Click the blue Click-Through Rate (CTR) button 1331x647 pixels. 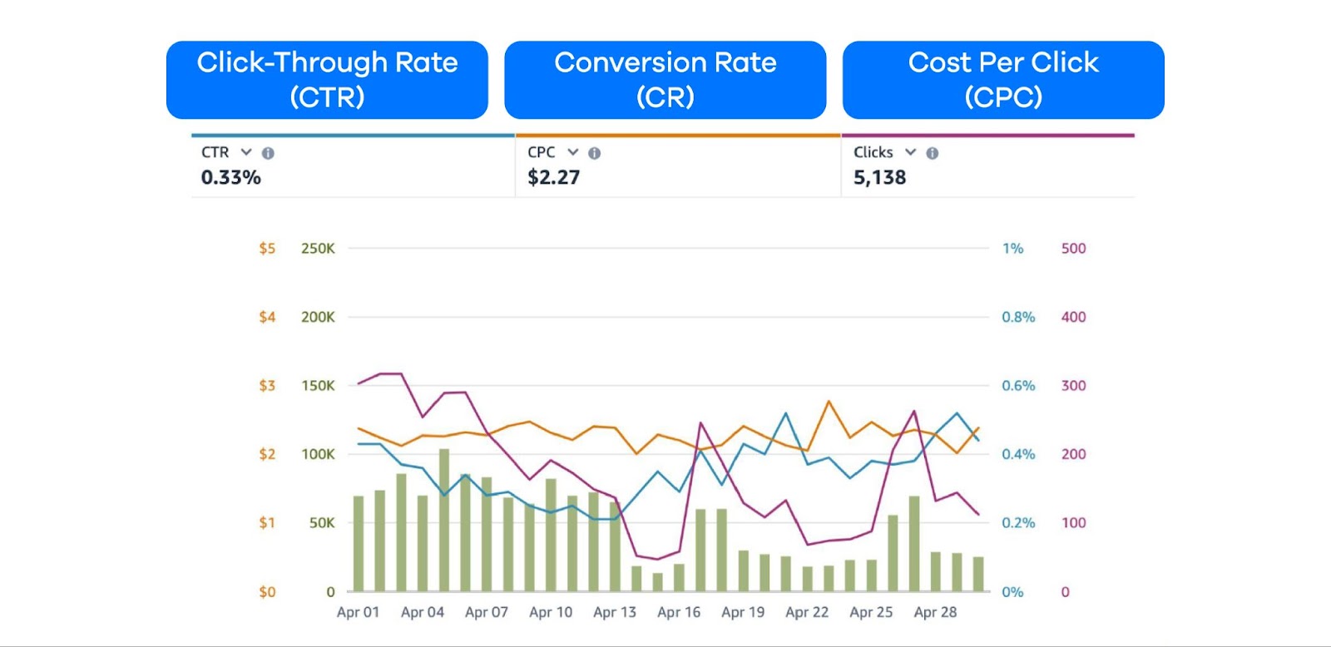click(327, 80)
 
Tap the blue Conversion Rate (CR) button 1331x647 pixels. click(665, 80)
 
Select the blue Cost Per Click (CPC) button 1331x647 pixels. click(1002, 80)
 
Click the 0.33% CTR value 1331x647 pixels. click(230, 177)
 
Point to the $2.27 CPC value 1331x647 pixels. click(553, 177)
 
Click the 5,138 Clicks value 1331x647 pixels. click(879, 177)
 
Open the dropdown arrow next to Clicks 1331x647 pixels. click(910, 152)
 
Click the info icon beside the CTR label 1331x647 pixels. click(268, 153)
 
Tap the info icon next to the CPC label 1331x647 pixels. click(594, 153)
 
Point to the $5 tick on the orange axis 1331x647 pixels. click(267, 249)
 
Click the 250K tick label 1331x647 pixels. click(318, 249)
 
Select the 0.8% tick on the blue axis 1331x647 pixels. click(1018, 317)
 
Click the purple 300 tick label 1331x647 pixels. click(1073, 386)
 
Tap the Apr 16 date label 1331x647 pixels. click(679, 612)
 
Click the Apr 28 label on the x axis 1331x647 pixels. click(935, 612)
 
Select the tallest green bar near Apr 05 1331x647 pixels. click(444, 520)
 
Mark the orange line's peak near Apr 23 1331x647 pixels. click(829, 402)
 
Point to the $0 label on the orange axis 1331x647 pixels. click(267, 592)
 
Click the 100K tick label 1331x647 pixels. click(318, 454)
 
